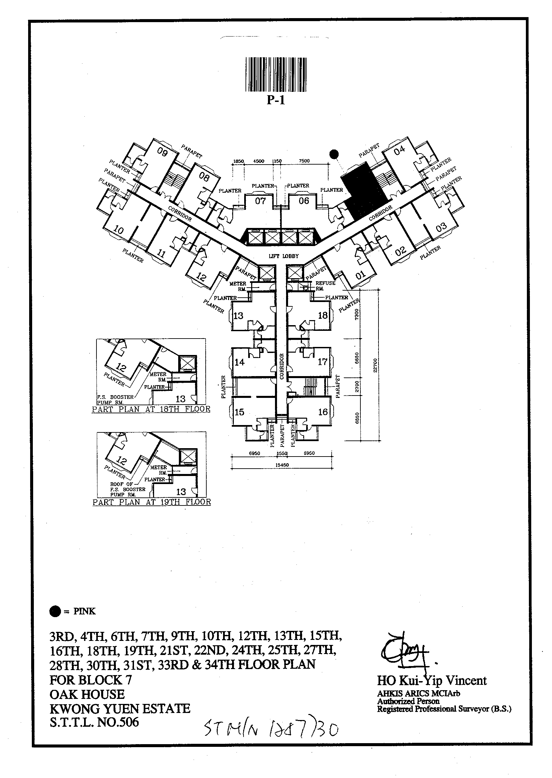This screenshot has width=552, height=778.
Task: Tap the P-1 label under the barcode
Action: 276,100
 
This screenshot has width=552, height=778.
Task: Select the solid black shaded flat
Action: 362,190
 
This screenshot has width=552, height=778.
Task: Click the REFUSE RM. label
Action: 325,286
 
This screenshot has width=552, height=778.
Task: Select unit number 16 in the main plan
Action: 323,412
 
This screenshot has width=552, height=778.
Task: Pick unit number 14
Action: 239,362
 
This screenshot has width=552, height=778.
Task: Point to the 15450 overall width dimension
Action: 282,465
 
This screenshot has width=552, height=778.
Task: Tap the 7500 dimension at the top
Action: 304,161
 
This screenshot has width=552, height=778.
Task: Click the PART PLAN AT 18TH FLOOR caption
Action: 151,409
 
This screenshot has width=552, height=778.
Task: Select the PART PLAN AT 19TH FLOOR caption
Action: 152,502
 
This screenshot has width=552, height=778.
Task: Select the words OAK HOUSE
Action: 87,694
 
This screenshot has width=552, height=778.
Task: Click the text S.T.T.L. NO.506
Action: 94,722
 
